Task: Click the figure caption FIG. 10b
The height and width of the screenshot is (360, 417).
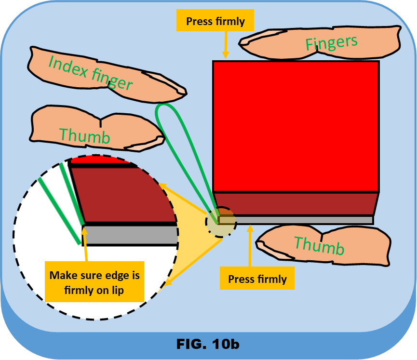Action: click(208, 344)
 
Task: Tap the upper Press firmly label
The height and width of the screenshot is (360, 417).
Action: click(215, 21)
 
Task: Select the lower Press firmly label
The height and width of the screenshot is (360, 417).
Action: click(257, 279)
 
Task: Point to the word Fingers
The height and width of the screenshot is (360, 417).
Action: click(331, 43)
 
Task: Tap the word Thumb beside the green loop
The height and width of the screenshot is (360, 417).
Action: click(84, 136)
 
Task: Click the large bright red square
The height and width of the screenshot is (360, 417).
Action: click(296, 126)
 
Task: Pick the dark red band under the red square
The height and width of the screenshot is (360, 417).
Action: click(296, 203)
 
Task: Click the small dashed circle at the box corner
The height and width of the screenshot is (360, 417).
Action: click(220, 221)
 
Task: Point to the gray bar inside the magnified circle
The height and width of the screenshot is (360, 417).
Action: click(130, 235)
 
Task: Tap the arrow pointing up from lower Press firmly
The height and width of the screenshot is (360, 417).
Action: click(249, 246)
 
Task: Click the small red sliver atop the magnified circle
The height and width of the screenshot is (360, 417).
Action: click(101, 160)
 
